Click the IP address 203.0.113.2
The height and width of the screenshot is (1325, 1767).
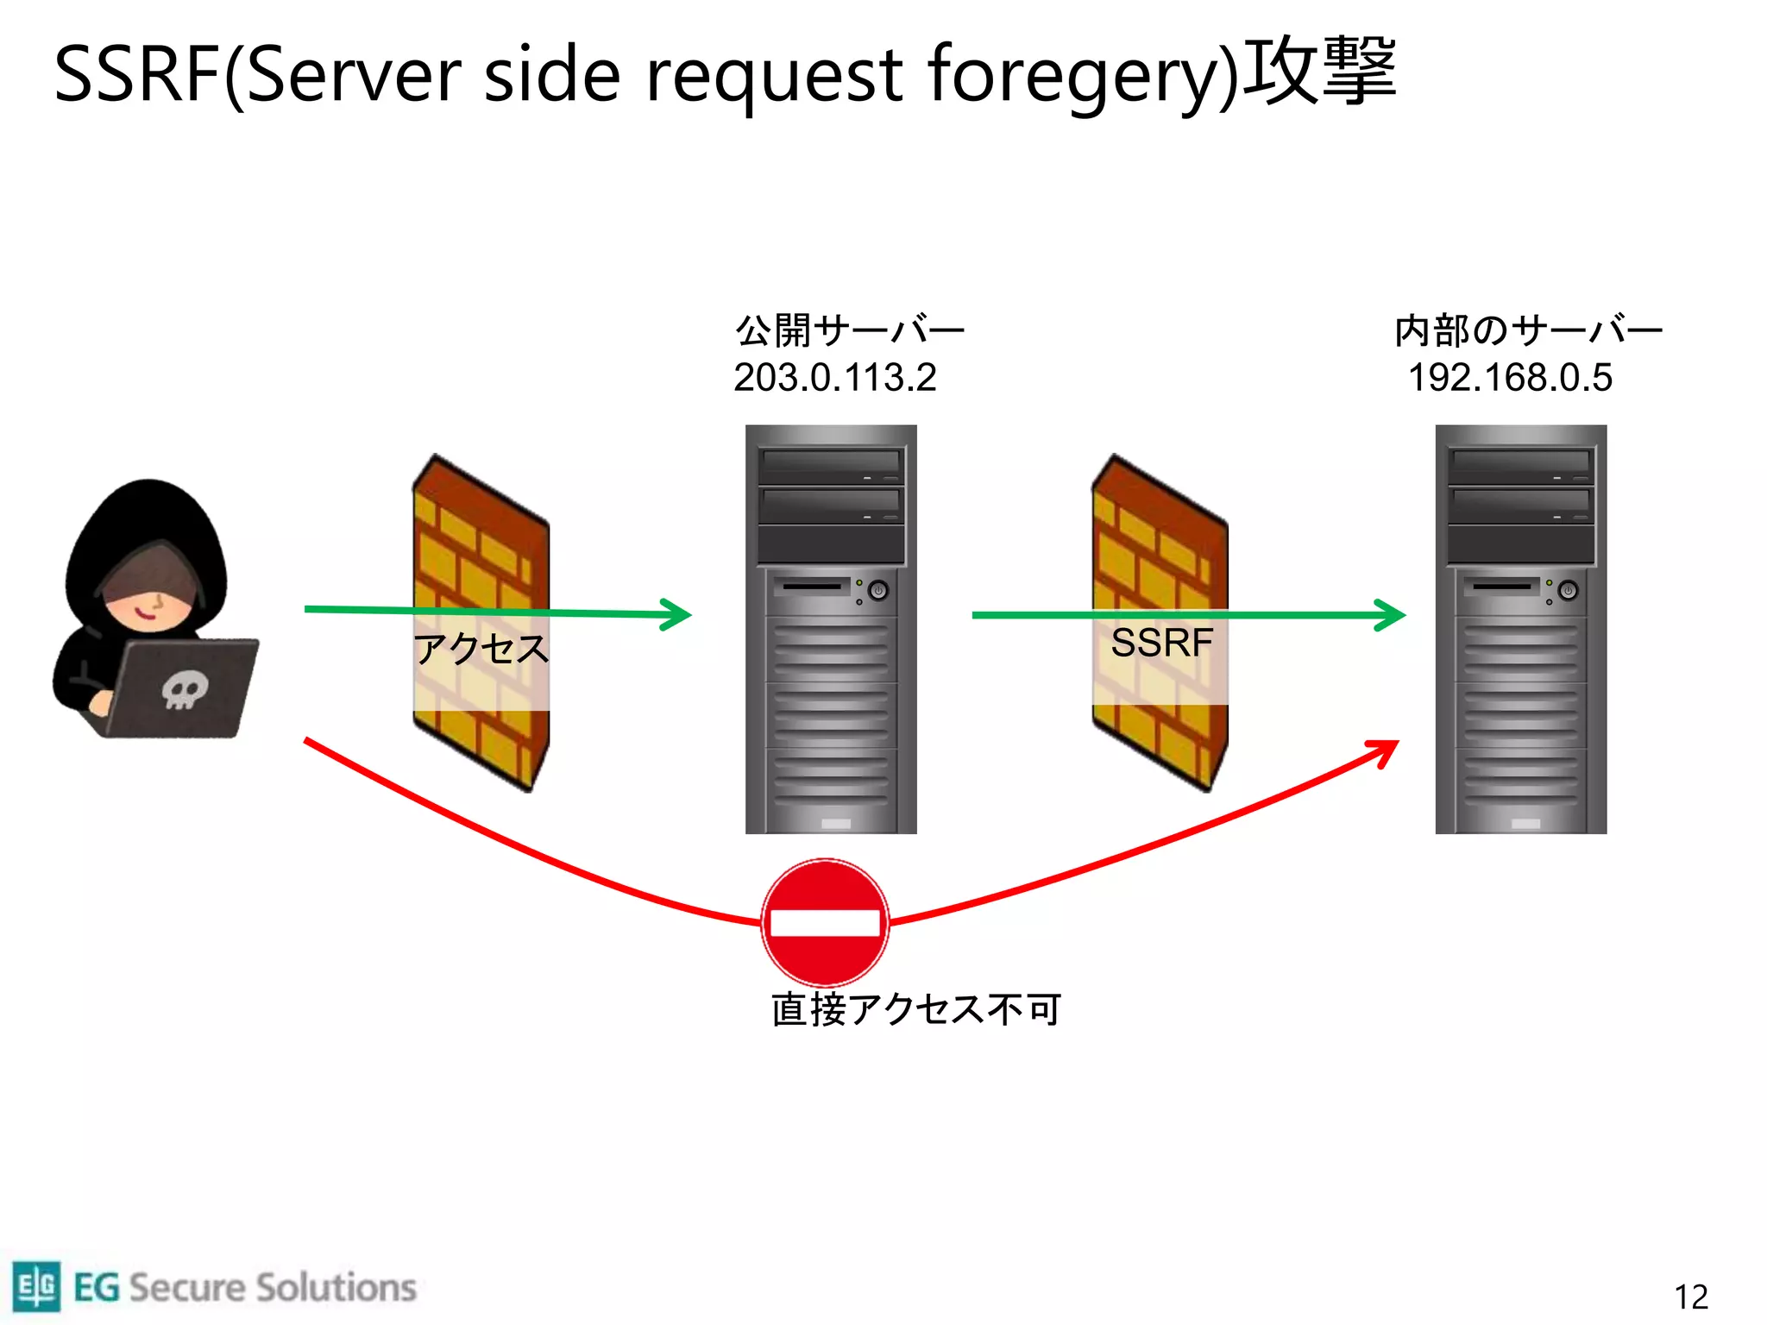834,378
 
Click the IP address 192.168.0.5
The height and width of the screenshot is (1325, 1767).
1509,378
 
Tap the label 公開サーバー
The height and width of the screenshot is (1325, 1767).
849,330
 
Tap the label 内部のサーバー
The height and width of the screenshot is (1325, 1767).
1527,330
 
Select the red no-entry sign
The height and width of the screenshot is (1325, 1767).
825,922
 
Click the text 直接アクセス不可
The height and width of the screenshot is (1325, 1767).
915,1009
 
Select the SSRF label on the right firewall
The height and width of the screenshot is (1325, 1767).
1161,644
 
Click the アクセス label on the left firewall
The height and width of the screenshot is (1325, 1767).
481,649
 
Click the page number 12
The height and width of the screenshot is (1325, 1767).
1690,1297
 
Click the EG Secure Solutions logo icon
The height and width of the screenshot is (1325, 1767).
36,1286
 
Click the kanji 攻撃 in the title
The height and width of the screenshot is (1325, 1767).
1320,71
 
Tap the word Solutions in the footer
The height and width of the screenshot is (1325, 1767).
336,1287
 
